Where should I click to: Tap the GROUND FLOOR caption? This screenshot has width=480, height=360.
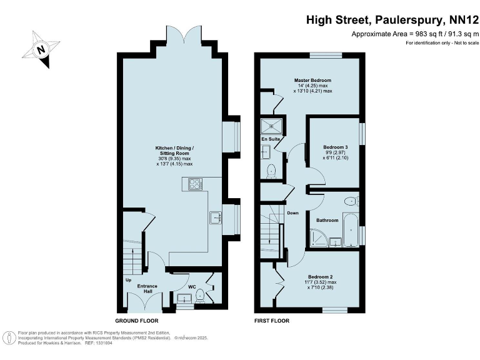135,320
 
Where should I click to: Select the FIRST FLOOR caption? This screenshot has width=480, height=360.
272,320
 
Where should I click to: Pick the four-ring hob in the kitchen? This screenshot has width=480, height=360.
195,184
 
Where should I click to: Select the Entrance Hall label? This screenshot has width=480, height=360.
147,289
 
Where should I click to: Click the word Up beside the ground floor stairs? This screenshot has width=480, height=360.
128,279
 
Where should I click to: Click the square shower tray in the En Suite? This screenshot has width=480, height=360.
272,124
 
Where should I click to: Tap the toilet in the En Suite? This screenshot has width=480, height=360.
271,170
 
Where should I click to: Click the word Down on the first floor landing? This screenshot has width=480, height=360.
292,212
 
